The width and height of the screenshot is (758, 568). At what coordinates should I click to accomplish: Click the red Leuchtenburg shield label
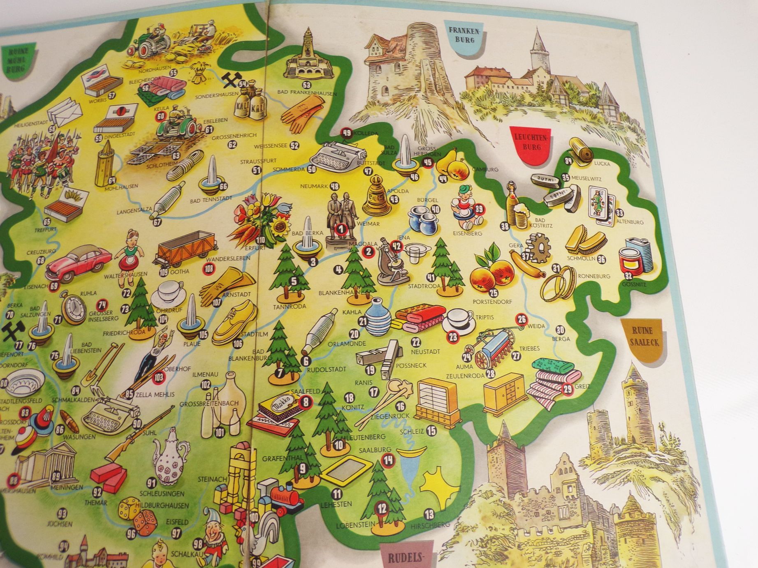click(x=529, y=142)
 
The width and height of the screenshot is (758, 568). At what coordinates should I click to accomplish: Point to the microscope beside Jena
click(x=389, y=263)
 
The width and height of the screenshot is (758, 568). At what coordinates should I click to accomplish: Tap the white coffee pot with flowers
click(x=169, y=456)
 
